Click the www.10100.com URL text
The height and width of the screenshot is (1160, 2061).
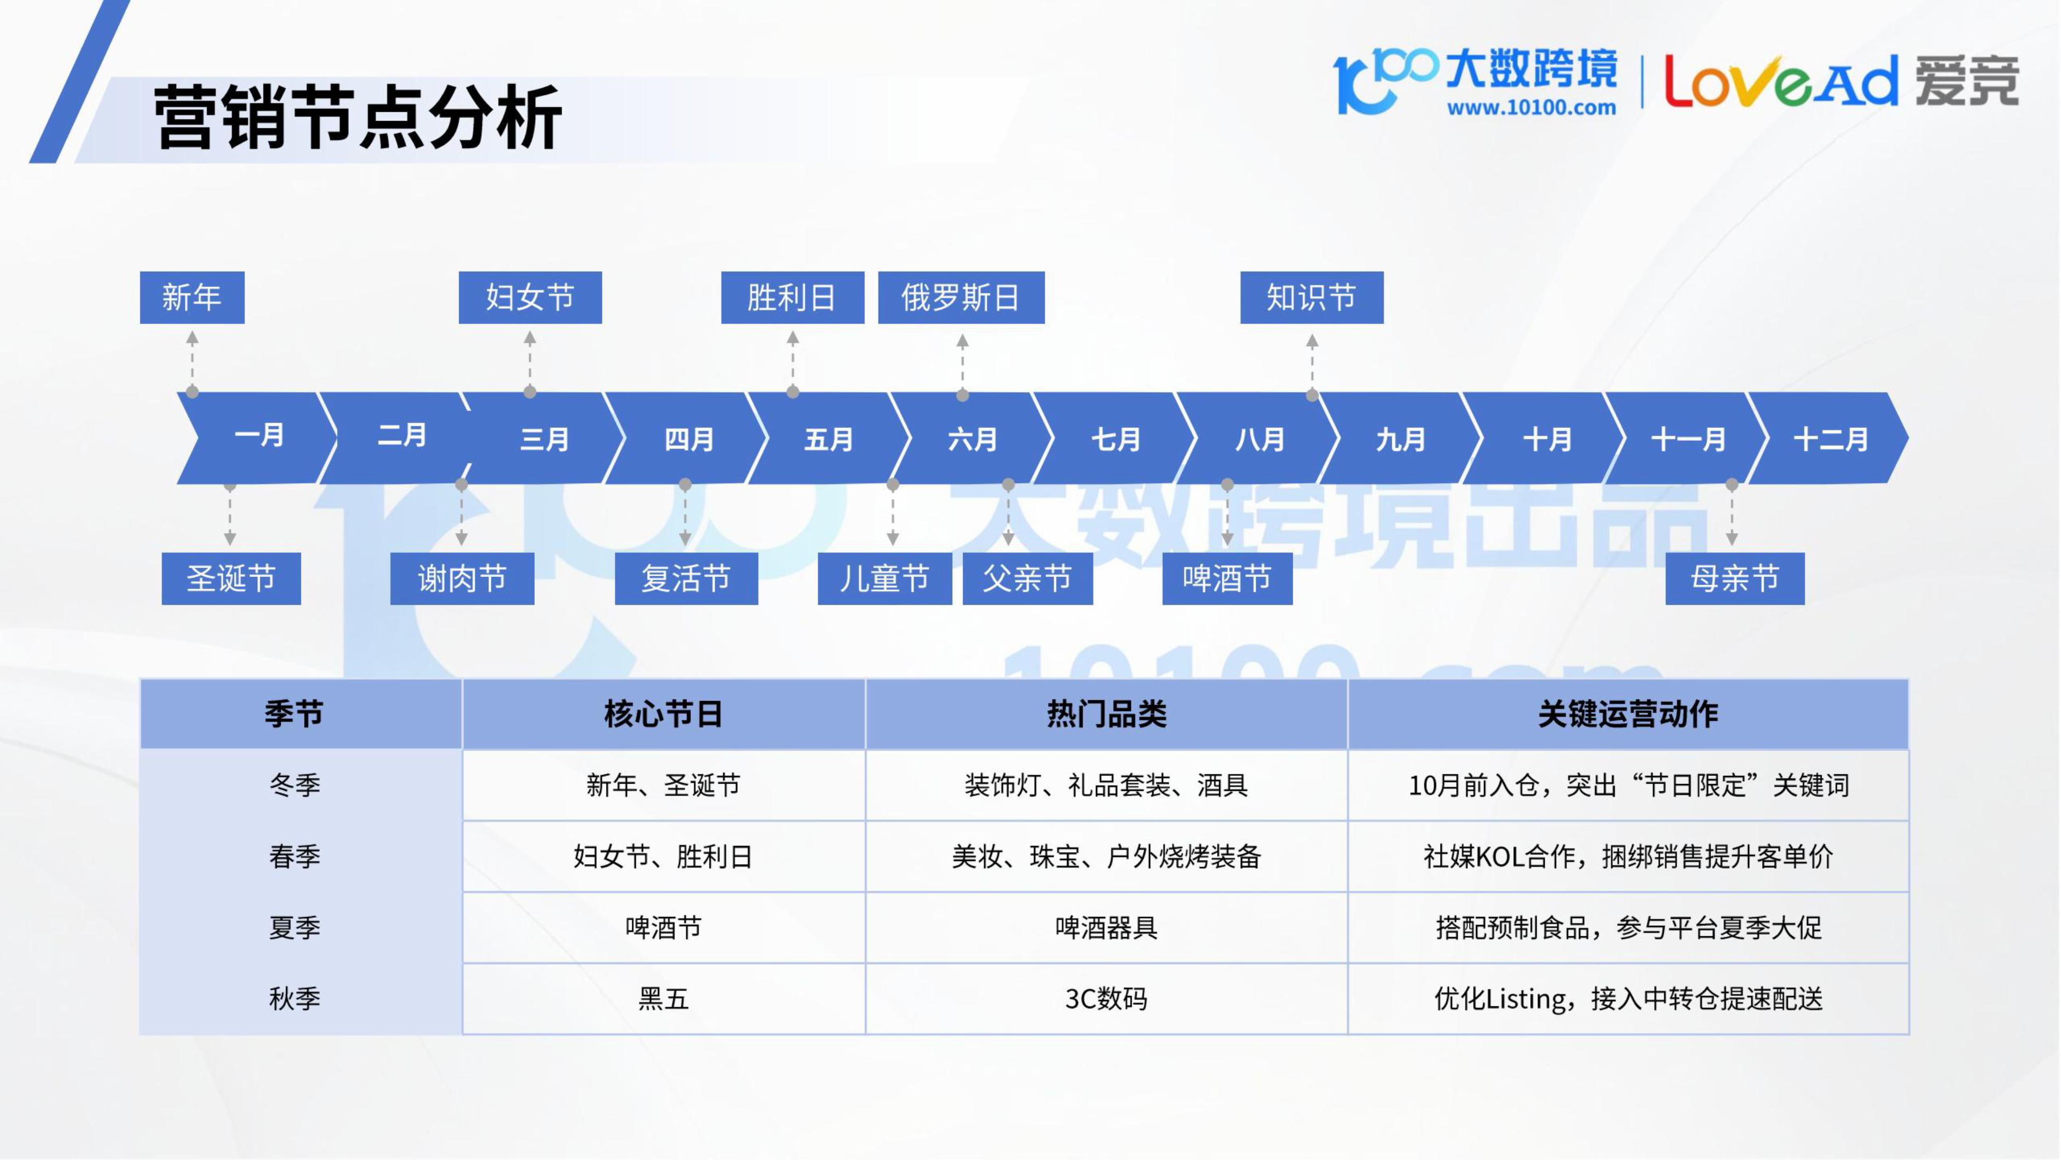[x=1530, y=107]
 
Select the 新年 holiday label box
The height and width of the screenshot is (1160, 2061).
[x=192, y=297]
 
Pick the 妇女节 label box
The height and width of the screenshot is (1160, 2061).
[x=530, y=297]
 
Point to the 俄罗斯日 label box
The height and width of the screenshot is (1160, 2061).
[x=961, y=297]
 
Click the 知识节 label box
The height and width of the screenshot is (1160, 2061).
[x=1311, y=297]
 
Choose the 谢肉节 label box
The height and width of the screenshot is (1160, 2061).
[x=462, y=578]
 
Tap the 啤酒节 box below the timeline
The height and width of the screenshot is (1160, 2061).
[x=1227, y=578]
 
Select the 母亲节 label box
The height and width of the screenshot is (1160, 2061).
[x=1734, y=578]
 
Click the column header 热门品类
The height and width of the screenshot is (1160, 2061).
[x=1107, y=714]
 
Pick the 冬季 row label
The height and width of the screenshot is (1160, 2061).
[x=294, y=785]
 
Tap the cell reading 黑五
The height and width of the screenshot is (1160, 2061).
[x=663, y=998]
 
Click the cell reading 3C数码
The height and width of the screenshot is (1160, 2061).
[x=1107, y=998]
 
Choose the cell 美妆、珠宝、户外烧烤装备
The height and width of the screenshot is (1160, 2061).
[x=1107, y=856]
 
